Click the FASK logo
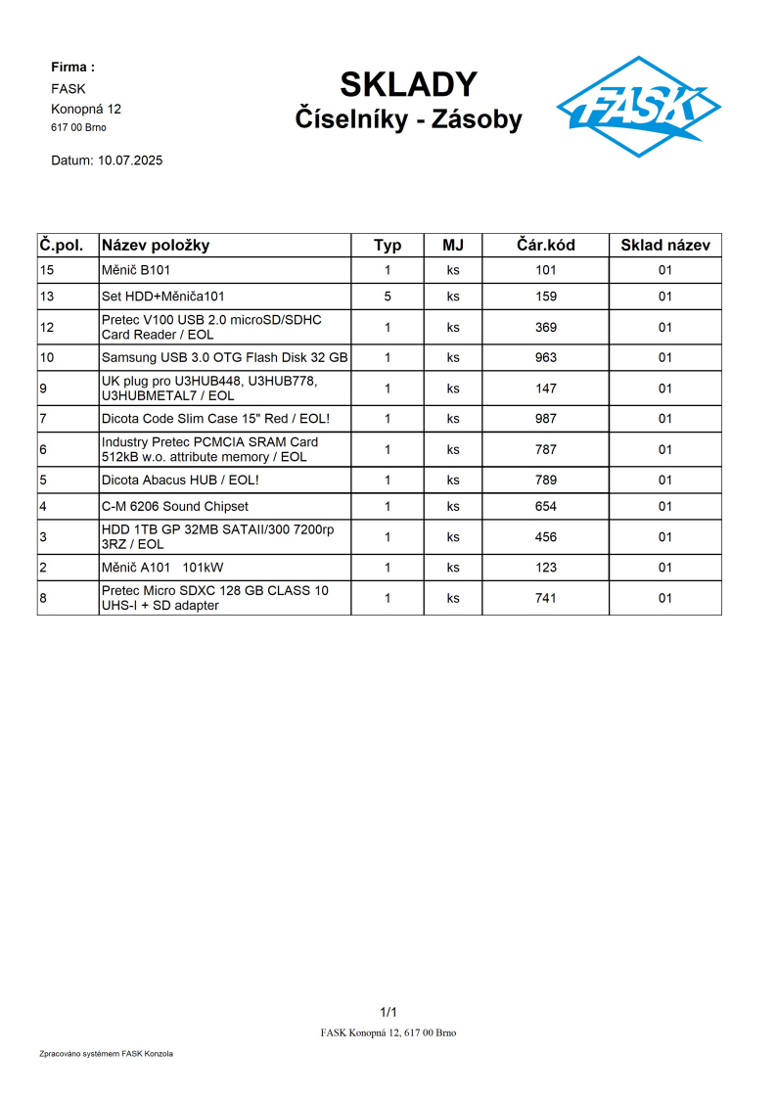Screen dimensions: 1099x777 [638, 106]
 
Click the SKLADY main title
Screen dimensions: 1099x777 [408, 85]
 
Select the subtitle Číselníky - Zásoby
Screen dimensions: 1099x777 [408, 119]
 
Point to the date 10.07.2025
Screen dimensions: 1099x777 [130, 160]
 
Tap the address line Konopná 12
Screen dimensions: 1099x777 [86, 109]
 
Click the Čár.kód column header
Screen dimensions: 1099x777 [545, 245]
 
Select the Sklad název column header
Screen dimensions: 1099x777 [664, 245]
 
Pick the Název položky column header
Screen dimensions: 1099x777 [156, 245]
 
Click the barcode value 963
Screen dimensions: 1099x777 [545, 358]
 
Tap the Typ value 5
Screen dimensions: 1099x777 [388, 297]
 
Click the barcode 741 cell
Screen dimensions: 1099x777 [545, 598]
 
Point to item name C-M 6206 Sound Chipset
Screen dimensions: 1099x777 [175, 506]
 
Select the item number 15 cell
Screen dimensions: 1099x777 [47, 270]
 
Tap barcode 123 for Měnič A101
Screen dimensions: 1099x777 [545, 568]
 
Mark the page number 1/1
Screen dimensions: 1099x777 [388, 1012]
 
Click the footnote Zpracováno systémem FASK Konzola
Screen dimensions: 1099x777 [107, 1054]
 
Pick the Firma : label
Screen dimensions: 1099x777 [72, 68]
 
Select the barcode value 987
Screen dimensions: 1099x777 [545, 419]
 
